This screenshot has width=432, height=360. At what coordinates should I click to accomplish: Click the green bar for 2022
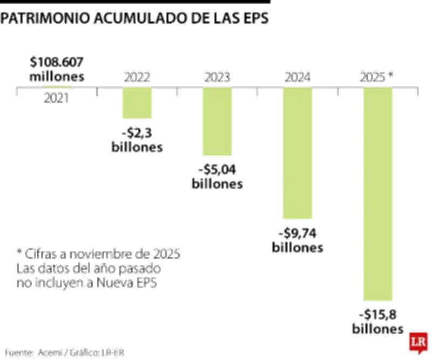tap(137, 103)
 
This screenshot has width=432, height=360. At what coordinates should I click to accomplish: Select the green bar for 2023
tap(217, 121)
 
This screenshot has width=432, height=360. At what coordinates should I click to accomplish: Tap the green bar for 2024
tap(298, 153)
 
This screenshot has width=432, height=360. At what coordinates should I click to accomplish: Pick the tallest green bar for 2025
tap(377, 194)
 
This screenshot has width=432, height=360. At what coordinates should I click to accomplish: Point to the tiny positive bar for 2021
tap(57, 86)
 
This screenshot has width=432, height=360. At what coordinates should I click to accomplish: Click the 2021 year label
tap(57, 98)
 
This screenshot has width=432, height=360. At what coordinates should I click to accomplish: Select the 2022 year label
tap(137, 77)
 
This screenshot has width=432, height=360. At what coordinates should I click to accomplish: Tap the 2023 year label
tap(217, 77)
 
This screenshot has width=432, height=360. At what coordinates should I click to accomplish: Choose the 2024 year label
tap(298, 77)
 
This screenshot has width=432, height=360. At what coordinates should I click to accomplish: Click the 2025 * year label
tap(376, 77)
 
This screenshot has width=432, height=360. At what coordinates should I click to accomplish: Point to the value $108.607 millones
tap(57, 68)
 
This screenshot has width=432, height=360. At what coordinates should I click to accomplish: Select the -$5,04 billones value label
tap(217, 177)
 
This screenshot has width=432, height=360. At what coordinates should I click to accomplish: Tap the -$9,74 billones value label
tap(298, 241)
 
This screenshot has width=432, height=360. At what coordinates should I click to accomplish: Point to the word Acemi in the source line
tap(51, 352)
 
